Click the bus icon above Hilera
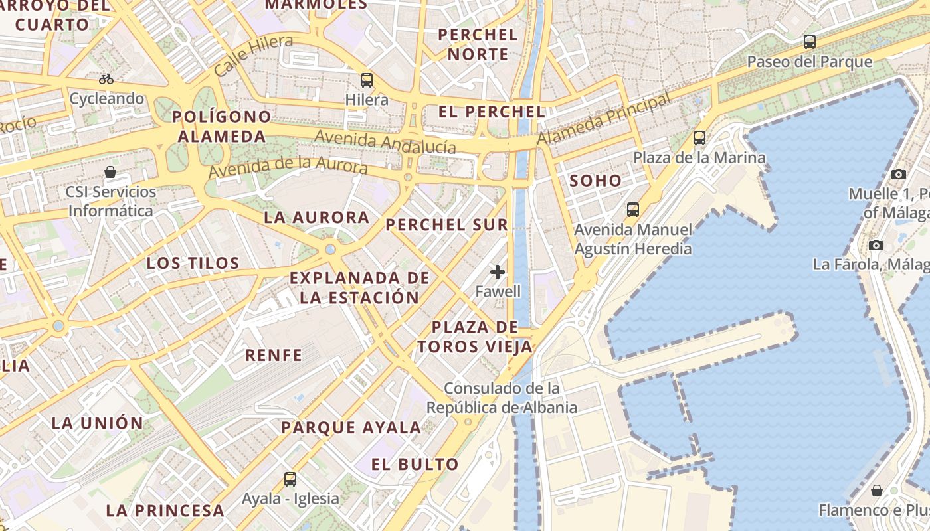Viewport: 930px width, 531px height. coord(367,81)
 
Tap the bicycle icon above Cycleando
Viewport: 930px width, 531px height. coord(106,79)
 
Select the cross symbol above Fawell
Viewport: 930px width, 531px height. coord(498,272)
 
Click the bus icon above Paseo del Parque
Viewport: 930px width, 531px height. coord(809,42)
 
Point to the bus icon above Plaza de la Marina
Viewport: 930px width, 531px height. coord(699,138)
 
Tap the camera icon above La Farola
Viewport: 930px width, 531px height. coord(876,245)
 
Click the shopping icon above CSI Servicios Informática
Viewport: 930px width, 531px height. coord(110,173)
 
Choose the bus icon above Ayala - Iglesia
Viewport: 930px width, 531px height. coord(290,479)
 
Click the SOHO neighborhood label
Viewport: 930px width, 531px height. coord(595,181)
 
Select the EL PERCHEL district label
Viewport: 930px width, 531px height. coord(492,112)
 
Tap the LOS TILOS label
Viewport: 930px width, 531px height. coord(193,263)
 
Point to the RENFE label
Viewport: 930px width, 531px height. coord(274,355)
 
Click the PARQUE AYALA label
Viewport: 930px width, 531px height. coord(351,427)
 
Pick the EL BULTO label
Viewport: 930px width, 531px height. coord(415,464)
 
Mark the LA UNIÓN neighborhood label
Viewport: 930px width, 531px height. coord(98,423)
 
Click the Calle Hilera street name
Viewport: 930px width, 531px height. coord(254,54)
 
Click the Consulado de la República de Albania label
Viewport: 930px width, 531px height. coord(502,398)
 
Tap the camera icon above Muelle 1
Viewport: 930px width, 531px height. coord(899,174)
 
